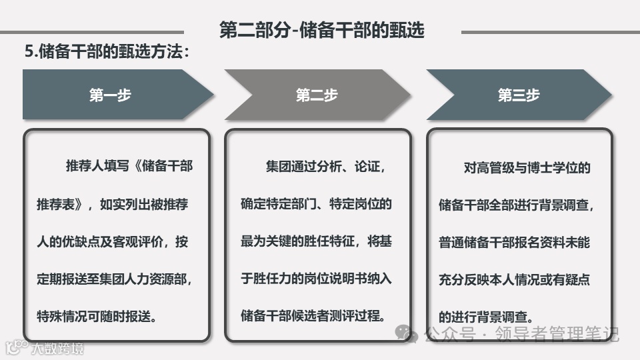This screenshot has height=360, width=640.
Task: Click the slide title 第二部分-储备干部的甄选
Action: pyautogui.click(x=322, y=30)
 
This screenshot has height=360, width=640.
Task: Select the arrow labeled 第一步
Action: pyautogui.click(x=111, y=95)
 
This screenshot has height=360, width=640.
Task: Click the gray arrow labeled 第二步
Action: pyautogui.click(x=317, y=95)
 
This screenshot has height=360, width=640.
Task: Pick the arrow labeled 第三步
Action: pyautogui.click(x=519, y=95)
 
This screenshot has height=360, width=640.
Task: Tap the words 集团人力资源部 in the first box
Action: pyautogui.click(x=150, y=279)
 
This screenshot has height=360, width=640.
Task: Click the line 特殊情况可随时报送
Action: pyautogui.click(x=97, y=316)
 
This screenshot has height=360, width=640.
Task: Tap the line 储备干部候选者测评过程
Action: pyautogui.click(x=313, y=316)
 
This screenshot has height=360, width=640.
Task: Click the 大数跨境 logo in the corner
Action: pyautogui.click(x=45, y=347)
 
